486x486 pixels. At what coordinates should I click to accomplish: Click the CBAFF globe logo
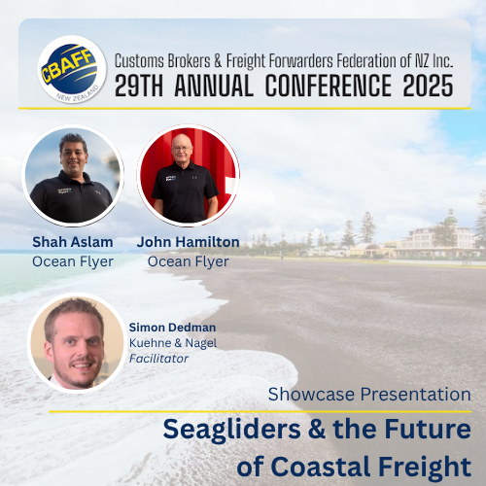point(72,70)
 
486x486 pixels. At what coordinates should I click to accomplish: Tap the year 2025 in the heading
point(428,86)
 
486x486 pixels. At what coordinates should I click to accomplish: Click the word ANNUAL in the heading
point(214,86)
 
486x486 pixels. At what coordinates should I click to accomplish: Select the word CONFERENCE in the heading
point(329,86)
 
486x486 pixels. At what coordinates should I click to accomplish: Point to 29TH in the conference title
point(139,86)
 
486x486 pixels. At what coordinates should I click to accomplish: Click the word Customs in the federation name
point(139,60)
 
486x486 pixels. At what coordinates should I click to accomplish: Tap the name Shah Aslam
point(73,242)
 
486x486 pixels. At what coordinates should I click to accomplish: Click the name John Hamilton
point(188,242)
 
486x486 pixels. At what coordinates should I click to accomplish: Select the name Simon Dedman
point(172,328)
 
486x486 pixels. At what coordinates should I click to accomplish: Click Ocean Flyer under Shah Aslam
point(73,261)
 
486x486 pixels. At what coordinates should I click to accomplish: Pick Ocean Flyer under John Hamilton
point(189,261)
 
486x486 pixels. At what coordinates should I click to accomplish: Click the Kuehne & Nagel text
point(173,343)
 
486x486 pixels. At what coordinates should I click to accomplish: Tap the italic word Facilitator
point(158,359)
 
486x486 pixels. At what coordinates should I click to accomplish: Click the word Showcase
point(311,395)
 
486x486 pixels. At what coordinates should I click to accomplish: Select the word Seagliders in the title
point(232,430)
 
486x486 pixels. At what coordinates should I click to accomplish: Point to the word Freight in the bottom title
point(425,467)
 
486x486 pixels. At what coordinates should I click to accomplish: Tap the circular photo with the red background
point(189,175)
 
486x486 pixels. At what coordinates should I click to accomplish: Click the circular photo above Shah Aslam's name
point(73,175)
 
